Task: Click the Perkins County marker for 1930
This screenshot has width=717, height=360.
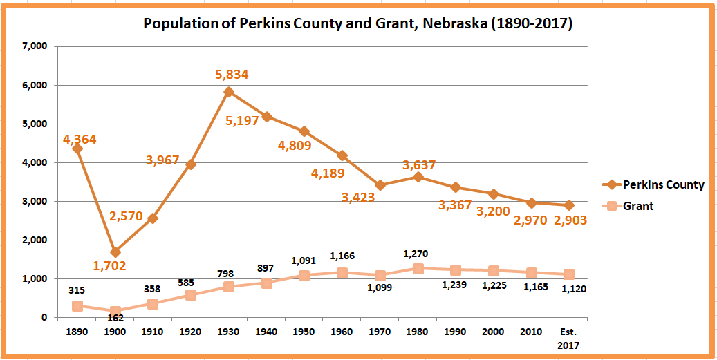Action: (x=229, y=92)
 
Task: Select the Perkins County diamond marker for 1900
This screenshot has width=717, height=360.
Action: (x=115, y=252)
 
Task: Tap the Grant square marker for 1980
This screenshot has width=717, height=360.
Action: (x=418, y=268)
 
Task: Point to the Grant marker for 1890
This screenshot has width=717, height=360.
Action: (x=77, y=305)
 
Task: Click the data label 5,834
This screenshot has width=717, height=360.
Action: (x=232, y=75)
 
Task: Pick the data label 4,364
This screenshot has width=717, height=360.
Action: (x=80, y=140)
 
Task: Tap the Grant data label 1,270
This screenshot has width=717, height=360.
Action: (x=418, y=253)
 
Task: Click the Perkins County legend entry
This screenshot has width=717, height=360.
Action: (x=663, y=184)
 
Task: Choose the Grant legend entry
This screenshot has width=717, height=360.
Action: (x=638, y=206)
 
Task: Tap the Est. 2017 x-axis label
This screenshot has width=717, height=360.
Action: (x=569, y=337)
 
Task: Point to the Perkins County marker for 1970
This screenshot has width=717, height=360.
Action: (x=380, y=185)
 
